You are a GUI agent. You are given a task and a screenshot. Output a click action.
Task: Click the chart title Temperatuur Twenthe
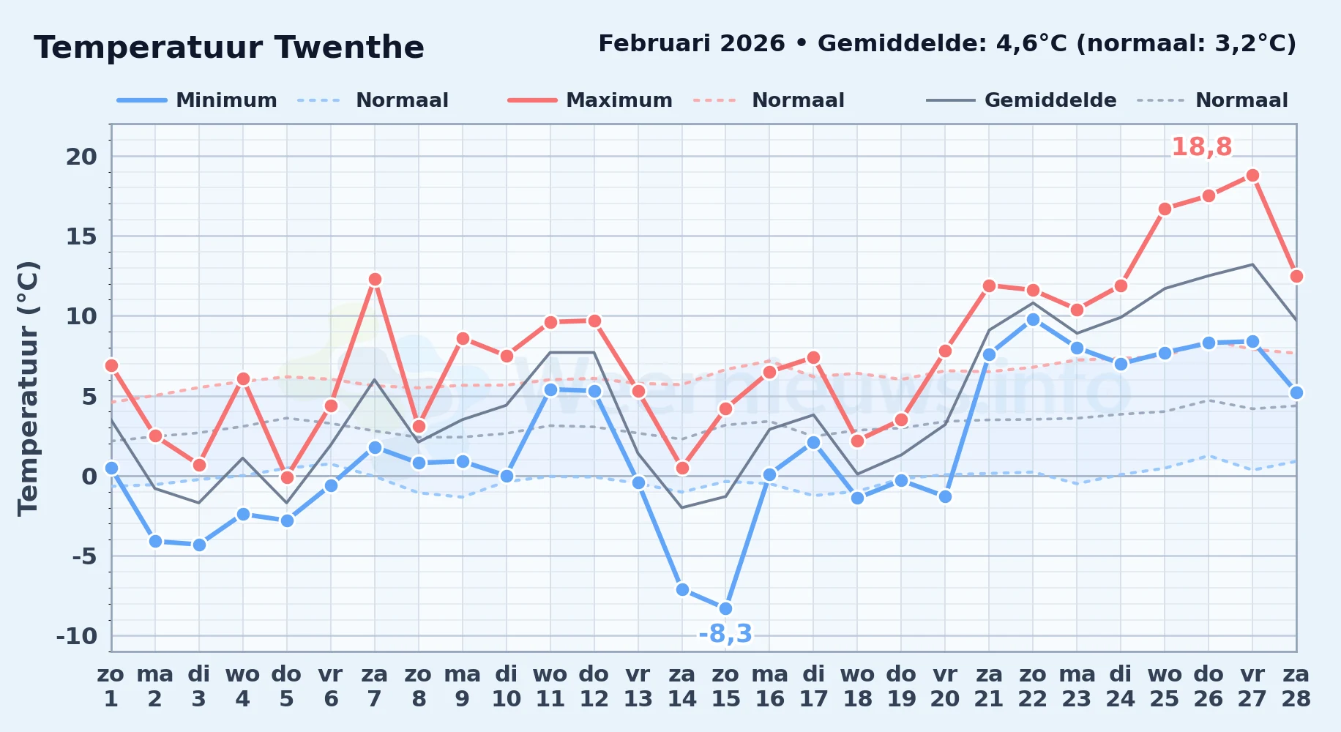(229, 48)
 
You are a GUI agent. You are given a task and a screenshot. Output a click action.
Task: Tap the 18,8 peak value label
(1202, 147)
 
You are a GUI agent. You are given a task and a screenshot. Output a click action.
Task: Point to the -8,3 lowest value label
(725, 633)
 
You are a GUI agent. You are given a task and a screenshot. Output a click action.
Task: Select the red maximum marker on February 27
(1252, 176)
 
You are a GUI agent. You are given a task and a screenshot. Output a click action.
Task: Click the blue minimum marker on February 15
(725, 608)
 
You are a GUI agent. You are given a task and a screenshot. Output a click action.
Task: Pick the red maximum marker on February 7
(375, 279)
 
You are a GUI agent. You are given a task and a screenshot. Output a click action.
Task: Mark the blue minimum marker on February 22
(1033, 319)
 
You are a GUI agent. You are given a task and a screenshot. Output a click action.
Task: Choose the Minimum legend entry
(197, 100)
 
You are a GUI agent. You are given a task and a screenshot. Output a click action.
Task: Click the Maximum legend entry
(590, 100)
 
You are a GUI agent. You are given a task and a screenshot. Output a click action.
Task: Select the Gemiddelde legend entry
(1022, 100)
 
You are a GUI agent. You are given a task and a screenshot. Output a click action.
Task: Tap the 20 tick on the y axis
(81, 156)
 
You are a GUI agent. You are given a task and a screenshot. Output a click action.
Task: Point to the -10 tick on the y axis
(77, 636)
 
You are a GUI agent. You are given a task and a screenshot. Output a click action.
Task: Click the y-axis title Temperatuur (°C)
(28, 388)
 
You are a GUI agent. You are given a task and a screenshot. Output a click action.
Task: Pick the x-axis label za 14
(681, 686)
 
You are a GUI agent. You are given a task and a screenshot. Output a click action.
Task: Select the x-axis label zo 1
(111, 686)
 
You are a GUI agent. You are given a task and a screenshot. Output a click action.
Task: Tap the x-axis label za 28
(1296, 686)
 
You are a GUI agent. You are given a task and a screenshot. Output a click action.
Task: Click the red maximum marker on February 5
(287, 477)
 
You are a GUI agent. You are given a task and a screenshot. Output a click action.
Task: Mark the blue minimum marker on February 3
(199, 545)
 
